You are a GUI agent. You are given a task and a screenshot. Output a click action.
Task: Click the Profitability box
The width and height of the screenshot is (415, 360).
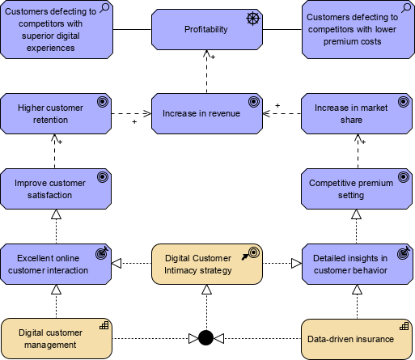[206, 30]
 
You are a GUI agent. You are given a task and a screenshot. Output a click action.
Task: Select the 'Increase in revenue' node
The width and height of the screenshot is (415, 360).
[206, 113]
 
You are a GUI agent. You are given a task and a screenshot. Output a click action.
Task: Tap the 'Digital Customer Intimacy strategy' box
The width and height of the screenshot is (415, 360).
[206, 264]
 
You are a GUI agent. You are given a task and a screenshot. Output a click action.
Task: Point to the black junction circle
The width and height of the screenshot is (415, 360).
[205, 337]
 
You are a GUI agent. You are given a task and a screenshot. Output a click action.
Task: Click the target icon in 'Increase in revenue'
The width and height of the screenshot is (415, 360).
[252, 102]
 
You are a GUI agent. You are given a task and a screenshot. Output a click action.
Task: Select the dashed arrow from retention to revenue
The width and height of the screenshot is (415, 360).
[131, 113]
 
